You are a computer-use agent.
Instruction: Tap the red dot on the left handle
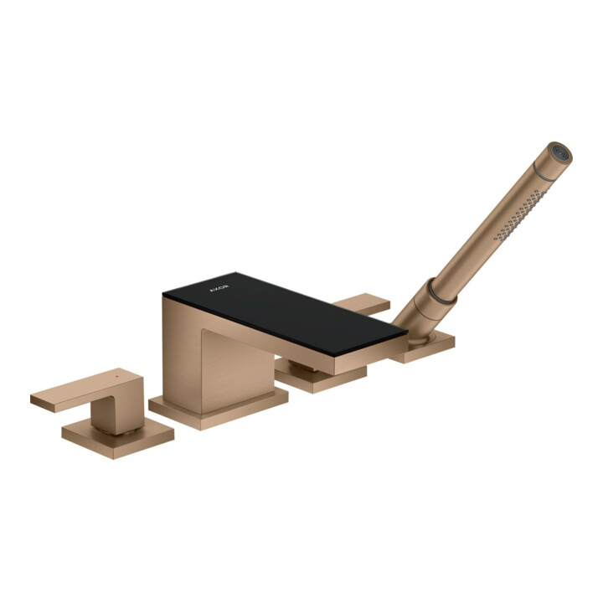pos(118,374)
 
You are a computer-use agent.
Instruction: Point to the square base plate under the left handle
pos(118,438)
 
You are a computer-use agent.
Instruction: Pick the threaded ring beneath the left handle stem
pos(120,430)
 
